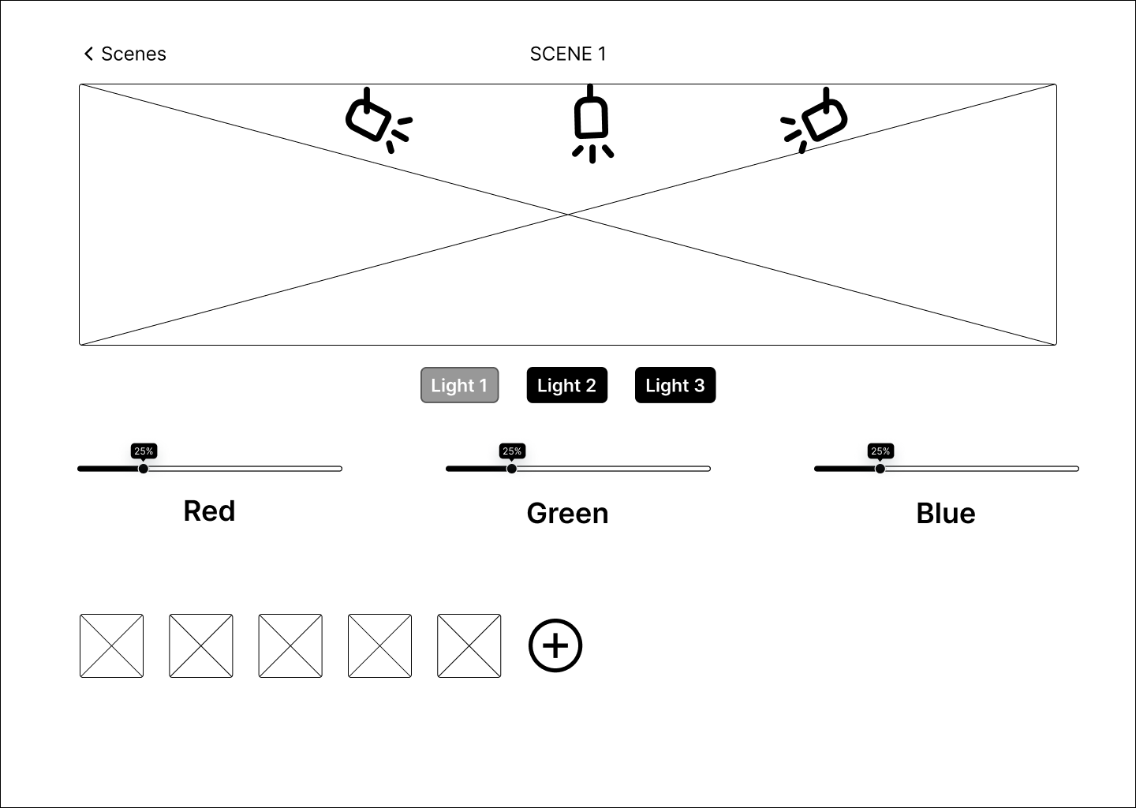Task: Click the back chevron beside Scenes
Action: [x=88, y=54]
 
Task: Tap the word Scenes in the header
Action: [x=133, y=54]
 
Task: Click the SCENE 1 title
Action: [x=568, y=54]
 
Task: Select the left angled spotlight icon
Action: [x=379, y=120]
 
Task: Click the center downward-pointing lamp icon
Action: [x=592, y=124]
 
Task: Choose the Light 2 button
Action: [x=567, y=385]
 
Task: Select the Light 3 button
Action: [x=675, y=385]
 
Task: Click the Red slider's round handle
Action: [x=144, y=469]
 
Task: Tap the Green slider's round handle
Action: [x=512, y=469]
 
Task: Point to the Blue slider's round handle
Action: [x=880, y=469]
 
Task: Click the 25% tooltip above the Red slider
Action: [x=144, y=451]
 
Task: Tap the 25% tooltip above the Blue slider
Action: [x=880, y=451]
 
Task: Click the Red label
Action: [x=210, y=511]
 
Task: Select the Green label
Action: [x=567, y=513]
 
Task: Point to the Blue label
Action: [x=946, y=513]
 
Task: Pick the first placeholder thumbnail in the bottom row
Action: [x=111, y=645]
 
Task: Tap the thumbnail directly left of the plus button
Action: [x=469, y=645]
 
